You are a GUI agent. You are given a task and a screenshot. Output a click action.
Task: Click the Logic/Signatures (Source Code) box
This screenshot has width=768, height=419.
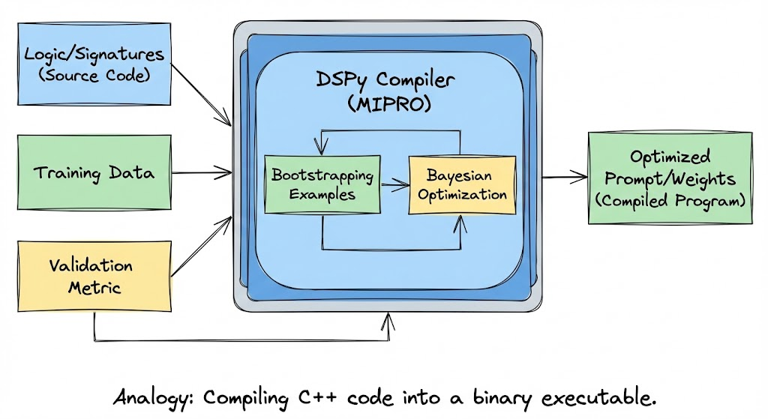tap(95, 63)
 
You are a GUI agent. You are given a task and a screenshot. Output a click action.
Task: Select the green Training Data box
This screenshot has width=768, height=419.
tap(95, 173)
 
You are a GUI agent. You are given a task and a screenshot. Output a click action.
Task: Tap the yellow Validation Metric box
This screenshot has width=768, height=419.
tap(95, 276)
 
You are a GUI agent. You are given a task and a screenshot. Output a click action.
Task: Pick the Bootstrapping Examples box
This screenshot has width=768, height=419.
tap(322, 184)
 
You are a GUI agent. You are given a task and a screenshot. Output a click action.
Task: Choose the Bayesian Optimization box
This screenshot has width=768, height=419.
tap(462, 184)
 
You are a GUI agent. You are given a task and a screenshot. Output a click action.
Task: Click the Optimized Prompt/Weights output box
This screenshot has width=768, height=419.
tap(670, 178)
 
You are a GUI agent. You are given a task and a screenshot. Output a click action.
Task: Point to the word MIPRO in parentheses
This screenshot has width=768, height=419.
tap(390, 105)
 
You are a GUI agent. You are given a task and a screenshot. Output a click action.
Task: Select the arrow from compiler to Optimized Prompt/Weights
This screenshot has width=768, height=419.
tap(565, 178)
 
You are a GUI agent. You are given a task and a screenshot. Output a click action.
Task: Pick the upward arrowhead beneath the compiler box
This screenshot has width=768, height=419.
tap(388, 320)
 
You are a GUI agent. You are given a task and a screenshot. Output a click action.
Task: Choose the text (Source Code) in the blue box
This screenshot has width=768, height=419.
tap(94, 74)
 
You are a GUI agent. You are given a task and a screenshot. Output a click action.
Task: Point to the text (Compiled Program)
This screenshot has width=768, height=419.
tap(670, 200)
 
